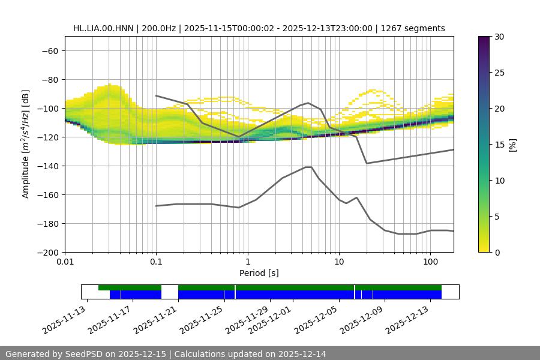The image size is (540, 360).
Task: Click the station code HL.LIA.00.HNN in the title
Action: (104, 28)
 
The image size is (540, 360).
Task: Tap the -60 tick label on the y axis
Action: (50, 50)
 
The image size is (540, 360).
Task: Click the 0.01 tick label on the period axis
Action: (65, 262)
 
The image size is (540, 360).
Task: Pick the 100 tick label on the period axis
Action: (430, 262)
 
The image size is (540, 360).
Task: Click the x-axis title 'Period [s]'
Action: (259, 273)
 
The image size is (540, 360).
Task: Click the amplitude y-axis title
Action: (26, 144)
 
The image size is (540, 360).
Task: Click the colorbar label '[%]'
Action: (512, 144)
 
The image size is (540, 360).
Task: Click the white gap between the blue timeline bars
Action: (170, 295)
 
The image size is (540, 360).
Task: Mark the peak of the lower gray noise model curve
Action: (308, 167)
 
